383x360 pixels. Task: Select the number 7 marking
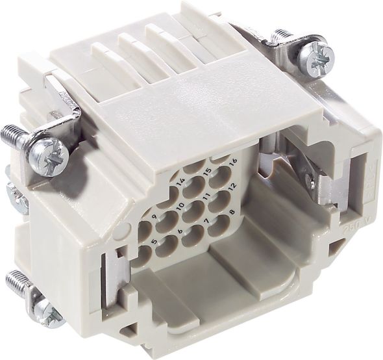click(206, 221)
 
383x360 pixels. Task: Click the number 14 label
click(180, 182)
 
